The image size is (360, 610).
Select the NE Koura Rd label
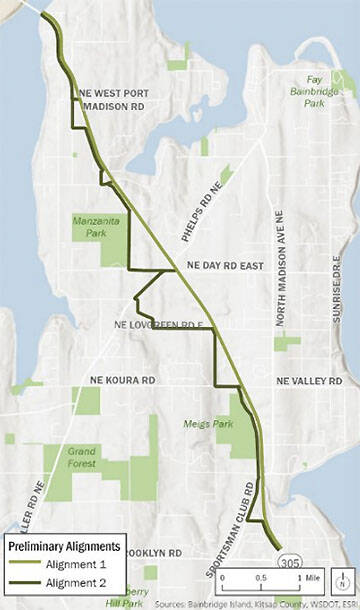123,380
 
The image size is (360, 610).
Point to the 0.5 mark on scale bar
261,577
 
